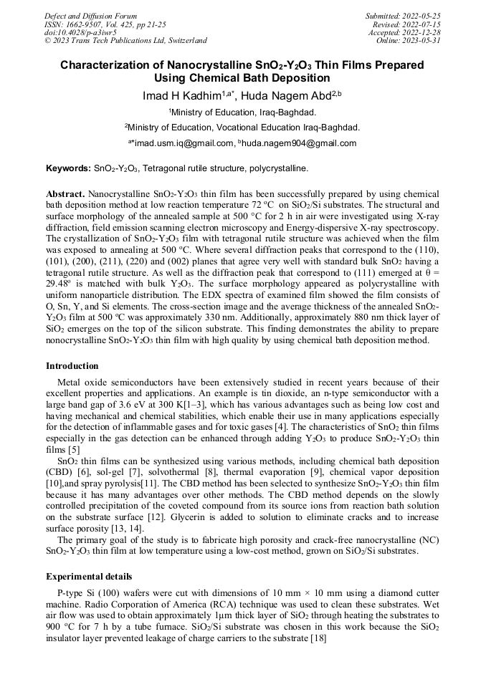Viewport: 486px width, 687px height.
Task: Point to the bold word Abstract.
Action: click(65, 194)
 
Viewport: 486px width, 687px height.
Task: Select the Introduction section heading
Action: click(72, 366)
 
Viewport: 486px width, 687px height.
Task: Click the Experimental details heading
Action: click(89, 576)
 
